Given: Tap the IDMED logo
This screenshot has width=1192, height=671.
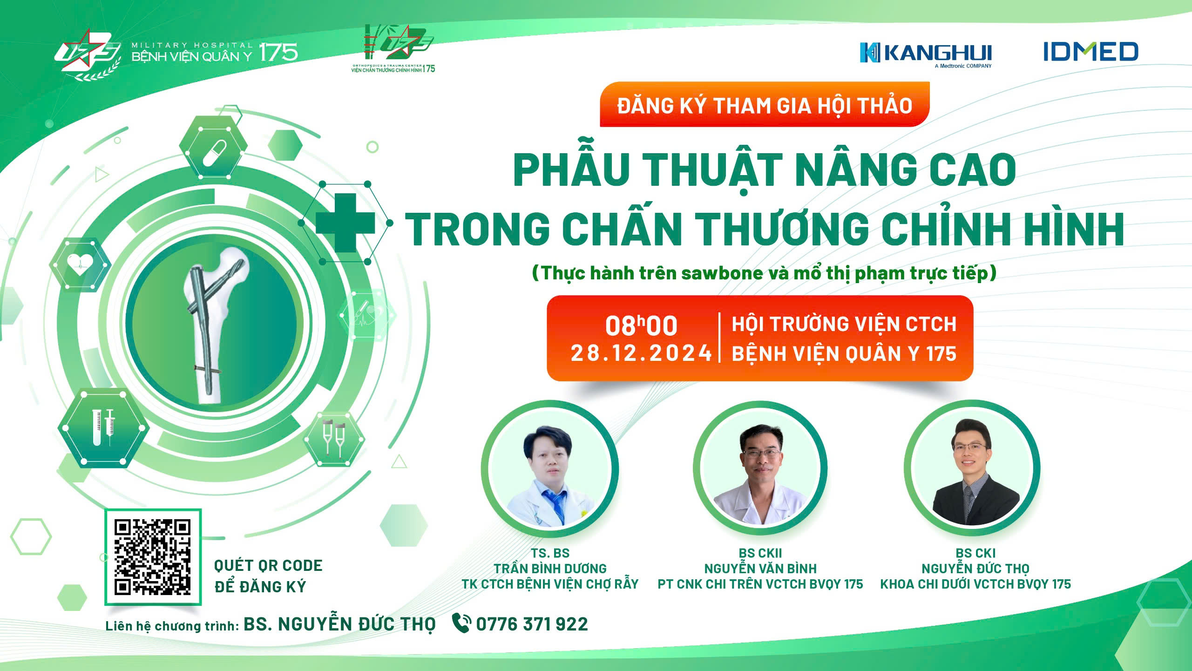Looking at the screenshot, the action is point(1090,51).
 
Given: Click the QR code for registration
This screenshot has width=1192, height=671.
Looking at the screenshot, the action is point(153,557).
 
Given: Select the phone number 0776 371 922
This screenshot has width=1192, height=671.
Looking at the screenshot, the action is point(532,624).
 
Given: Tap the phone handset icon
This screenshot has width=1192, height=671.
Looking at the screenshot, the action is point(461,623).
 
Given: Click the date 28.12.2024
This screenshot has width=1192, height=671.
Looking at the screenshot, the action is point(641,353).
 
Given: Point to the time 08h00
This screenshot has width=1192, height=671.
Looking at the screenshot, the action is point(641,325).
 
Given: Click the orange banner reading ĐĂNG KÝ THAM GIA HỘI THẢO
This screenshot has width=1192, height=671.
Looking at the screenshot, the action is point(765,104).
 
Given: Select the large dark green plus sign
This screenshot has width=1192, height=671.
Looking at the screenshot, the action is point(345,223).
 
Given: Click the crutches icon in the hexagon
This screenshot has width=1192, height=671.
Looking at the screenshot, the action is point(333,438).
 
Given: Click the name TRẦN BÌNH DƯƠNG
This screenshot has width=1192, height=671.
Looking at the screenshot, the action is point(550,569).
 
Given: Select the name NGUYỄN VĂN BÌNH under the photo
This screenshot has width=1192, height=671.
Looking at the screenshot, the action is point(760,569).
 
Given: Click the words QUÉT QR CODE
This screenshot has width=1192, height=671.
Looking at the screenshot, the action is point(268,566).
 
